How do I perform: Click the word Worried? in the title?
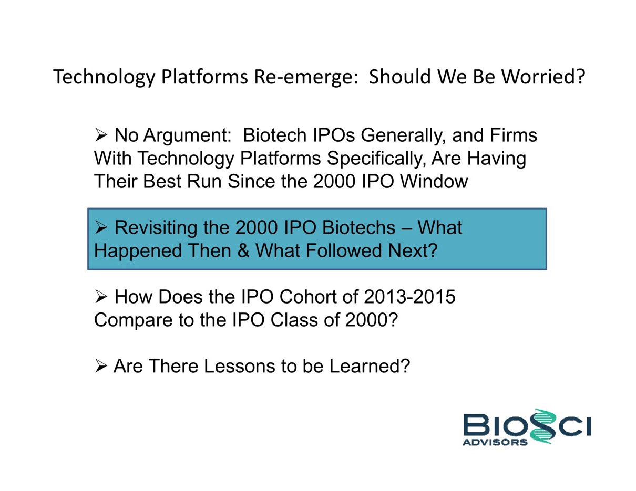coord(543,77)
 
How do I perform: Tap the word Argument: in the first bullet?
coord(187,136)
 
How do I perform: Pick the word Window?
coord(434,181)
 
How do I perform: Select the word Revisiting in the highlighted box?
coord(156,228)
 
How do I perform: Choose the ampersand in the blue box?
coord(243,250)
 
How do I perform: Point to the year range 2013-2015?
coord(410,297)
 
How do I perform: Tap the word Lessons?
coord(239,366)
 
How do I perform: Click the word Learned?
coord(370,366)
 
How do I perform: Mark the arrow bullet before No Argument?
coord(101,135)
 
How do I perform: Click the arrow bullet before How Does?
coord(101,297)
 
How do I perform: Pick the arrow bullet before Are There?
coord(101,367)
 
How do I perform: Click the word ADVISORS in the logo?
coord(495,442)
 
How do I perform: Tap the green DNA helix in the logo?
coord(543,426)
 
